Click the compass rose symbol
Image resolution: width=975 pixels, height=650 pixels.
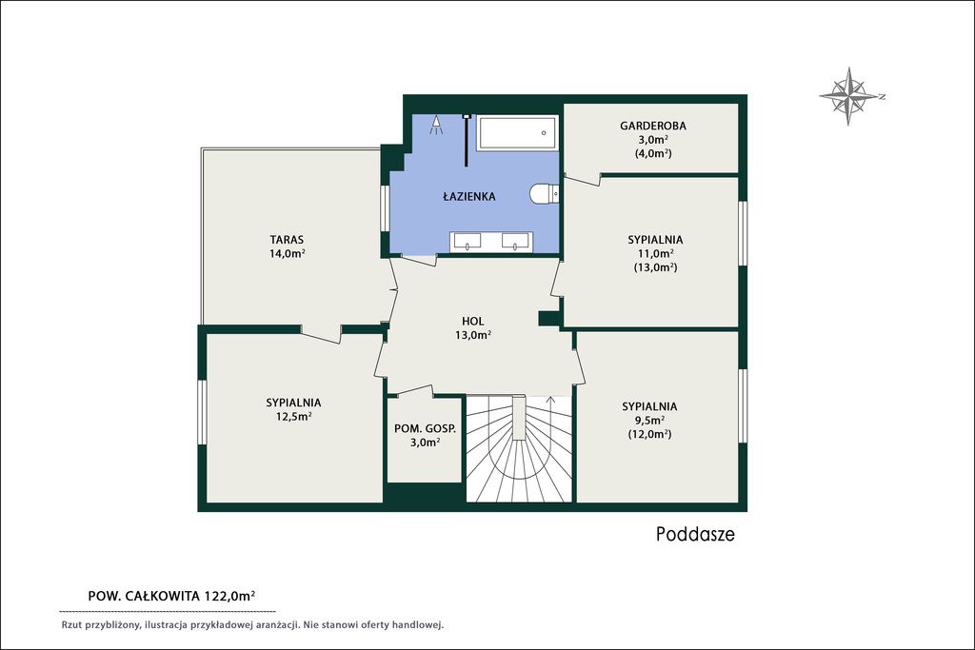tap(850, 96)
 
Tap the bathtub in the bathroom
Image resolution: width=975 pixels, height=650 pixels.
tap(517, 132)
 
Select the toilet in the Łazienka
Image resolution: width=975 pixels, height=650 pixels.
tap(545, 194)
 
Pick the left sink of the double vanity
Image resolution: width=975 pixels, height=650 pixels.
tap(467, 241)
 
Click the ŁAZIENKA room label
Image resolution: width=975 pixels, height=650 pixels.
tap(468, 196)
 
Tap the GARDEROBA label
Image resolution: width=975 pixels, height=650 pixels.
tap(653, 126)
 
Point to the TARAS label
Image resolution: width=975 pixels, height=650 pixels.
tap(287, 239)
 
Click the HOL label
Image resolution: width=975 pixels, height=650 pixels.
tap(472, 322)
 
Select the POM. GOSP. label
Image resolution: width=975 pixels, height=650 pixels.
tap(425, 429)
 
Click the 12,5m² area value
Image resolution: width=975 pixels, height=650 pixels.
tap(293, 416)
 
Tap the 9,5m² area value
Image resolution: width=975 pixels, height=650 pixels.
tap(649, 420)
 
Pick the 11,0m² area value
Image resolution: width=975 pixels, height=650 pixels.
tap(655, 253)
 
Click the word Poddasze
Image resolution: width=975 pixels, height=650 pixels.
tap(695, 535)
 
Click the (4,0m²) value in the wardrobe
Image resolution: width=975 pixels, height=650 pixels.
tap(653, 153)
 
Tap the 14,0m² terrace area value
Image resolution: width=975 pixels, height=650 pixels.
tap(287, 253)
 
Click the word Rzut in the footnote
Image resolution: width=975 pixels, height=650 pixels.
tap(71, 625)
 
